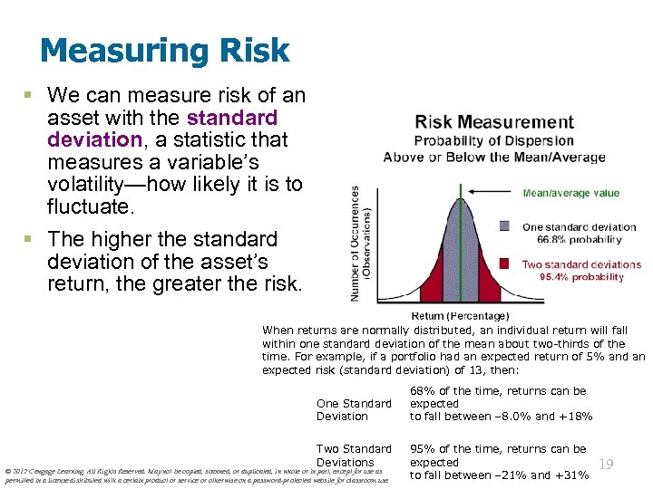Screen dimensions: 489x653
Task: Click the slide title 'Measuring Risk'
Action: (164, 51)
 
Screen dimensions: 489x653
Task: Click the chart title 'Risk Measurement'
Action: (494, 122)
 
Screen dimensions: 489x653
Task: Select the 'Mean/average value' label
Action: (570, 193)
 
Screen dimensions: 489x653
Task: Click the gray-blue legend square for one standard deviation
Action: (505, 226)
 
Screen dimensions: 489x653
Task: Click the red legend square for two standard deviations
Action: (505, 264)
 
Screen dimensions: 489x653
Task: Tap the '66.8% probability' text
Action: (579, 240)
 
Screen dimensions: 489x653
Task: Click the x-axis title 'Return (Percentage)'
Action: (460, 316)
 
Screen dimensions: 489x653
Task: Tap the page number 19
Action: (607, 465)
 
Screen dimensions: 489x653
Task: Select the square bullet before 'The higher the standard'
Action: (32, 239)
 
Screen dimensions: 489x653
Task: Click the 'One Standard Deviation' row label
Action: (354, 409)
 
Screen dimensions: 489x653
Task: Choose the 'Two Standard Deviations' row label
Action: (354, 455)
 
